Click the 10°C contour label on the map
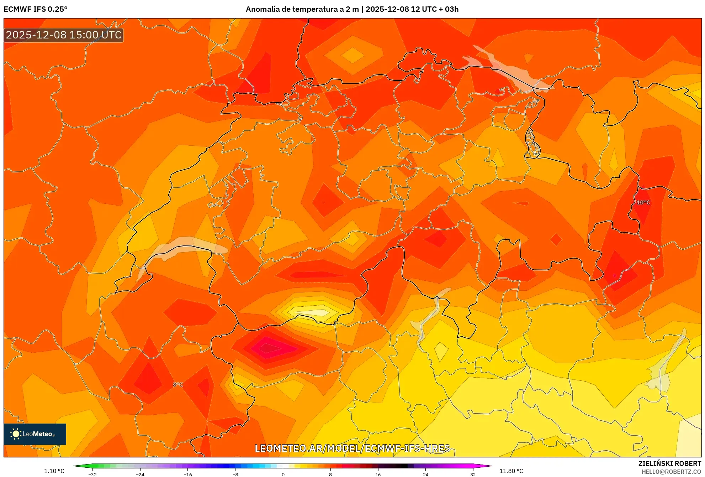click(643, 202)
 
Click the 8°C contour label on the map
click(178, 385)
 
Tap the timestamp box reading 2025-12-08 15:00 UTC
click(64, 35)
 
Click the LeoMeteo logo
click(35, 434)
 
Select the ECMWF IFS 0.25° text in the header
click(36, 9)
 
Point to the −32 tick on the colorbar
click(92, 474)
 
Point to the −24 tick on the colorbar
click(140, 474)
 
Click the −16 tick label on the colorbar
click(188, 474)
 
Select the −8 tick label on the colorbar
click(235, 474)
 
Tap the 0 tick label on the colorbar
click(283, 474)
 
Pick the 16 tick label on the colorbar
click(378, 474)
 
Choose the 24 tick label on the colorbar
click(425, 474)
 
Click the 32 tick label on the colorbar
click(473, 474)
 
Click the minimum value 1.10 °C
click(54, 471)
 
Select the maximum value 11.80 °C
click(511, 471)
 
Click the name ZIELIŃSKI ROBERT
click(670, 463)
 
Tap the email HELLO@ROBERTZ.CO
click(671, 472)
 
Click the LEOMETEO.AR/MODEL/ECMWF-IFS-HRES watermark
click(352, 448)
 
